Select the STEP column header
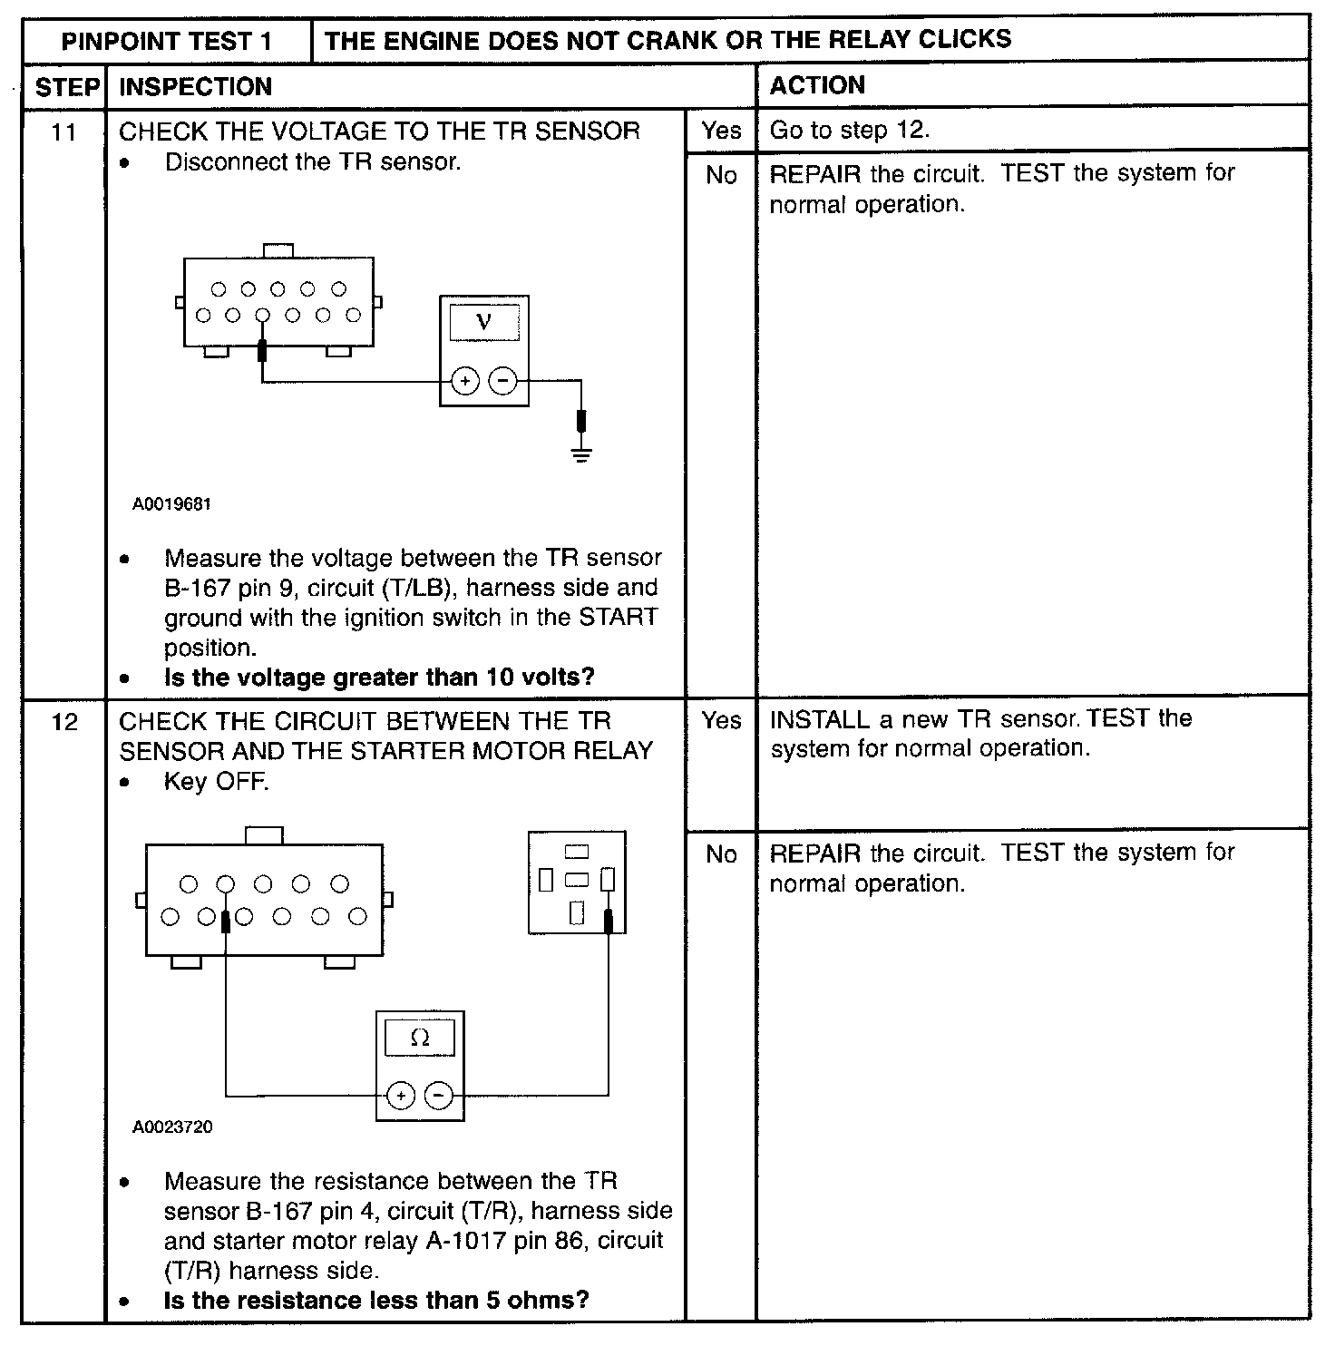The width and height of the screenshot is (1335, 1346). coord(65,87)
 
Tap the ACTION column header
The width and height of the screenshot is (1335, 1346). coord(817,85)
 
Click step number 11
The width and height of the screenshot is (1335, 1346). coord(63,132)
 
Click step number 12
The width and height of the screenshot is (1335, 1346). coord(64,722)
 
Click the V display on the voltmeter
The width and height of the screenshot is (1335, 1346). coord(483,322)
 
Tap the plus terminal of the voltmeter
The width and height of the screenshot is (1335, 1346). coord(465,381)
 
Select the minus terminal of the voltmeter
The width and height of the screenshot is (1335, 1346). coord(502,381)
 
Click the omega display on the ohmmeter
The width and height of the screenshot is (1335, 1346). coord(420,1038)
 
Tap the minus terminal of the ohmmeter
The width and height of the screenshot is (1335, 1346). coord(439,1097)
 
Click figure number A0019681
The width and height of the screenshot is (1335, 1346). coord(171,503)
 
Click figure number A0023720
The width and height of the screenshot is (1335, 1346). coord(172,1127)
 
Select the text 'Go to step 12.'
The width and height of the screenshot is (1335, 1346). coord(849,130)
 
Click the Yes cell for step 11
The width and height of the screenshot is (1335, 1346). coord(721,131)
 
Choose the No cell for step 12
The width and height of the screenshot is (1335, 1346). coord(721,854)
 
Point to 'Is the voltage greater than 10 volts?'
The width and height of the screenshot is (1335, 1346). coord(379,678)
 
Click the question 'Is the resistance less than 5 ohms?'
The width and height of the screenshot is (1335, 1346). coord(376,1300)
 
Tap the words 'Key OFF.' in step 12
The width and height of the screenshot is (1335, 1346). coord(216,782)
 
